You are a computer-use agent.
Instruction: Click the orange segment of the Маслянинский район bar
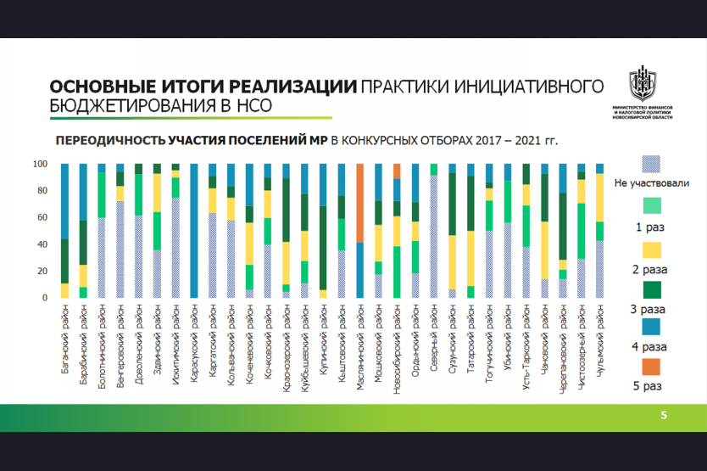[359, 203]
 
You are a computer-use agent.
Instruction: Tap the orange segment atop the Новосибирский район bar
[397, 171]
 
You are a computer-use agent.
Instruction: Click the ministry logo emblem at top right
[641, 86]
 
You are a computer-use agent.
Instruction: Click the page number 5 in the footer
[664, 416]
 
